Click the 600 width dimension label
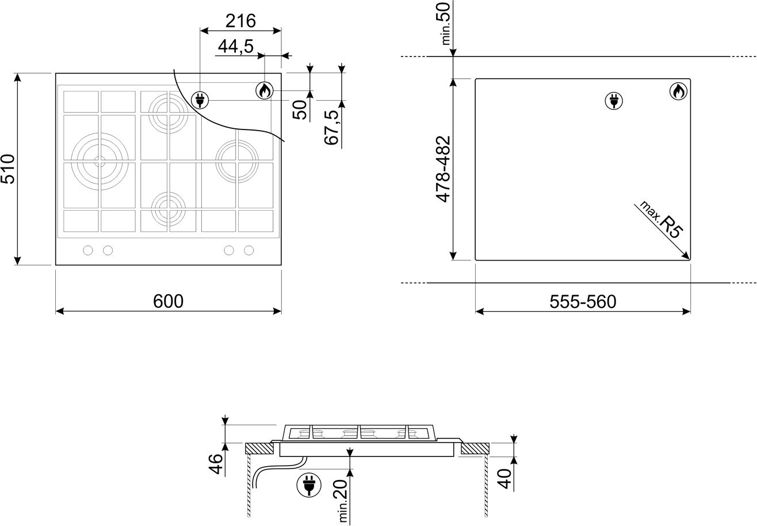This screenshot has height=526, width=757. tap(169, 301)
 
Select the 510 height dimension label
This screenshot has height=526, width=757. tap(8, 169)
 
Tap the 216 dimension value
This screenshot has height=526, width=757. tap(240, 21)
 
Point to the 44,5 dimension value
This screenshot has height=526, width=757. tap(235, 46)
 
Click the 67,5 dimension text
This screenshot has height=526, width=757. tap(331, 127)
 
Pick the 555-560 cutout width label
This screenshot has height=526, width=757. tap(583, 301)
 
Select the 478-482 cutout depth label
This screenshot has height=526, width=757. tap(443, 169)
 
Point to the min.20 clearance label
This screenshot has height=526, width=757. tap(342, 501)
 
